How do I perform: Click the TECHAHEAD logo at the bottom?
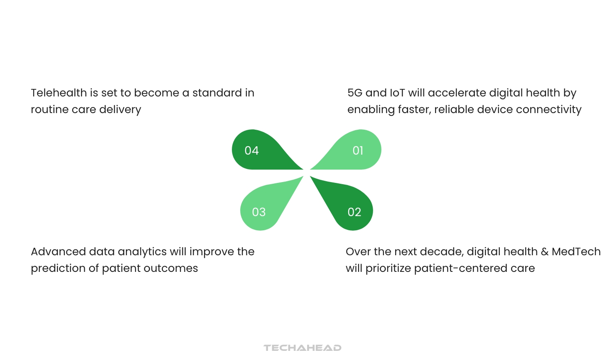(x=302, y=348)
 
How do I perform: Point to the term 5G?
(x=355, y=93)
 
